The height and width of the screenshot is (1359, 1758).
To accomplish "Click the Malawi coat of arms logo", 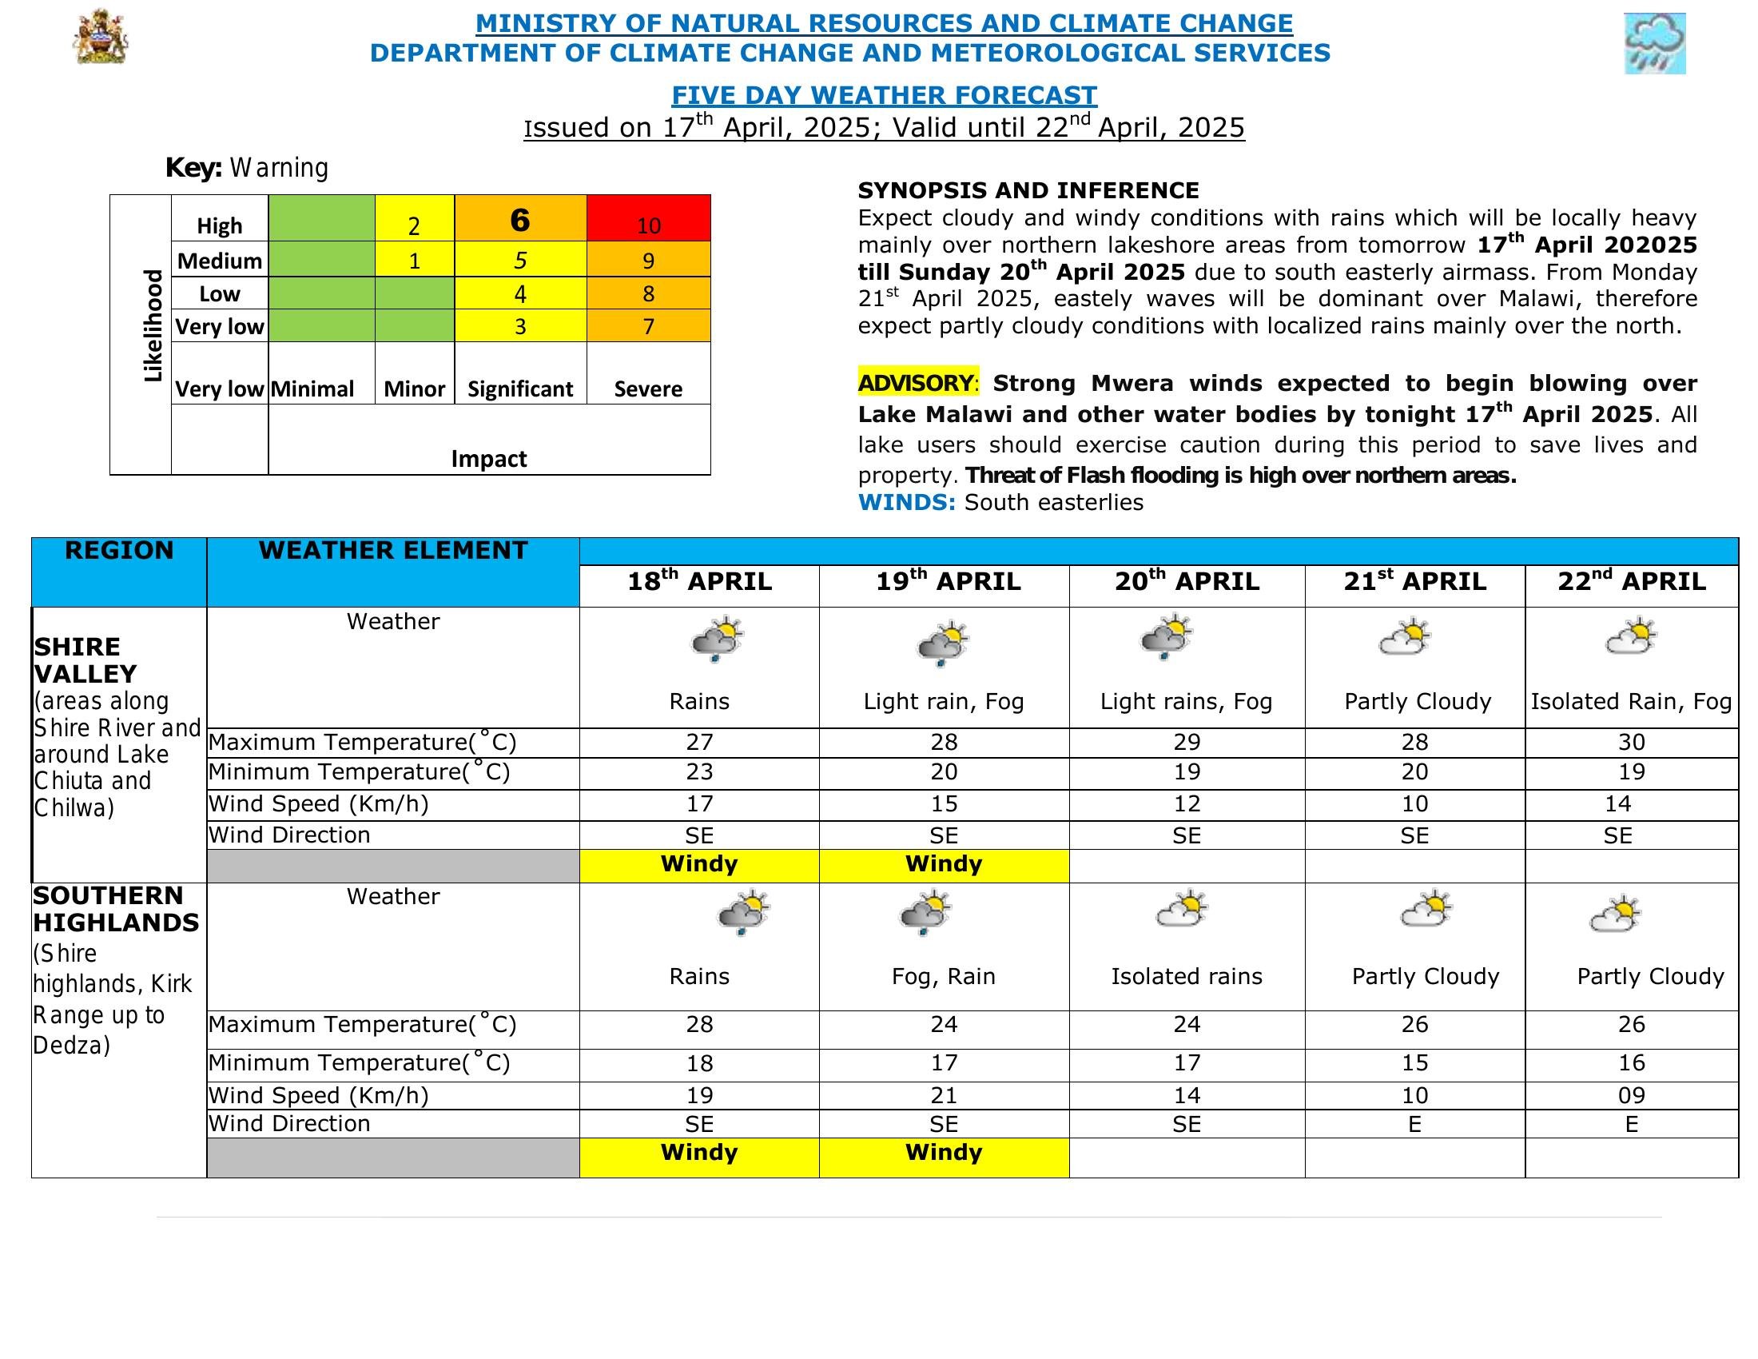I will [101, 37].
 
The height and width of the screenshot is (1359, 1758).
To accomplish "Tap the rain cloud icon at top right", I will [1654, 43].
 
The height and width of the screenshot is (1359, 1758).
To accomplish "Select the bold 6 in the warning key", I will [520, 220].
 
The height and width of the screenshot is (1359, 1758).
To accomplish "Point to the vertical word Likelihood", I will [152, 326].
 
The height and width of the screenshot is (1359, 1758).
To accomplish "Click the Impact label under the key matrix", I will [488, 458].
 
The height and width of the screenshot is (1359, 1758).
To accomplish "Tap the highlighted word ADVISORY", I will [916, 382].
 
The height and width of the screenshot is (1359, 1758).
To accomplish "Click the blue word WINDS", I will [906, 502].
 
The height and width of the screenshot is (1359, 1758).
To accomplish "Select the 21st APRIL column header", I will [1414, 582].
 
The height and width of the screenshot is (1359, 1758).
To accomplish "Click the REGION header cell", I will [119, 551].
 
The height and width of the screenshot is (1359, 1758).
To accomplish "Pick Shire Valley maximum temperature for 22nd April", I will [1631, 742].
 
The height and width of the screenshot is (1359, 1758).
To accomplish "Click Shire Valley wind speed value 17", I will [698, 803].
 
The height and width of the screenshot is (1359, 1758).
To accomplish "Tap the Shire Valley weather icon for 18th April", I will [717, 640].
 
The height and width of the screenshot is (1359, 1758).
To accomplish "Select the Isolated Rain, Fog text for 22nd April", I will [1631, 701].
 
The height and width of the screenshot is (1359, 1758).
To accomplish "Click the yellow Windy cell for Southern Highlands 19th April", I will [944, 1153].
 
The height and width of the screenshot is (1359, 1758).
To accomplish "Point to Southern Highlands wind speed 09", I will [1631, 1095].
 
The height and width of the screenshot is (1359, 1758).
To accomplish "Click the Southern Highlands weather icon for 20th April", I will [1182, 911].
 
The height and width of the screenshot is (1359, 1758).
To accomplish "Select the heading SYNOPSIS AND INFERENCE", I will [1028, 191].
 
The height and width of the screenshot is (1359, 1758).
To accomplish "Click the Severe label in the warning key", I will [648, 389].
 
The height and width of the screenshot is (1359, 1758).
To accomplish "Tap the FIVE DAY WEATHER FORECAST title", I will [884, 96].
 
